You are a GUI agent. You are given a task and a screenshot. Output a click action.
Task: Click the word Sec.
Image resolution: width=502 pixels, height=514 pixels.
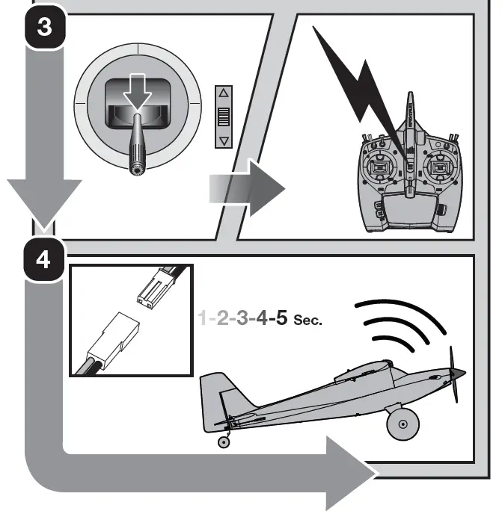307,321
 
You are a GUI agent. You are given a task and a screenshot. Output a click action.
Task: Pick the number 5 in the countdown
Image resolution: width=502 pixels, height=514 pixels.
281,318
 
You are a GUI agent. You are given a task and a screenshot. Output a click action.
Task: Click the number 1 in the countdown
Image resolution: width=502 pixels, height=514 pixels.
202,318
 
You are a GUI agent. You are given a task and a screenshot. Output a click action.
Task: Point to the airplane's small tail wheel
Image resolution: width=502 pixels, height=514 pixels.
224,442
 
